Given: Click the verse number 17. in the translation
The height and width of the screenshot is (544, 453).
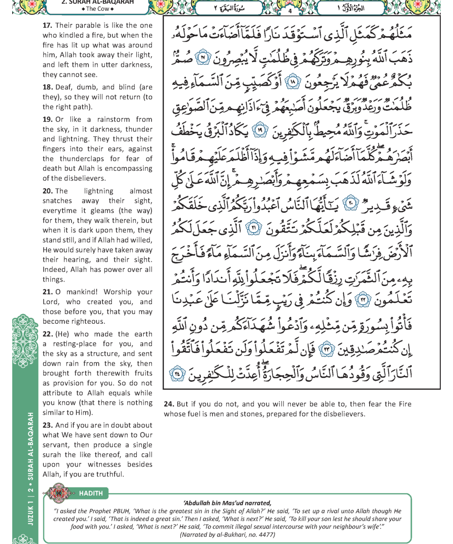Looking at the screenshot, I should click(x=48, y=25).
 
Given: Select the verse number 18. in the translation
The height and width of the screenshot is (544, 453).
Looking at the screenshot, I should click(x=48, y=87).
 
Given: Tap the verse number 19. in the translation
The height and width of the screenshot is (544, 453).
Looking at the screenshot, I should click(x=48, y=120).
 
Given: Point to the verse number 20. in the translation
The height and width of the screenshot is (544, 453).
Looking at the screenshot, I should click(x=48, y=191).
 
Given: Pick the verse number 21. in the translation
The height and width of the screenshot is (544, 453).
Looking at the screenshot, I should click(x=48, y=292).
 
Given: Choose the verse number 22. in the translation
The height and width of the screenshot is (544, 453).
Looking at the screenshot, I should click(x=48, y=334).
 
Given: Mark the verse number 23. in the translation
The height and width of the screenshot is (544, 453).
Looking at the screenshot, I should click(x=48, y=425).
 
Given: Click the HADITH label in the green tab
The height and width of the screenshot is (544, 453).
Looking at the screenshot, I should click(x=91, y=493).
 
